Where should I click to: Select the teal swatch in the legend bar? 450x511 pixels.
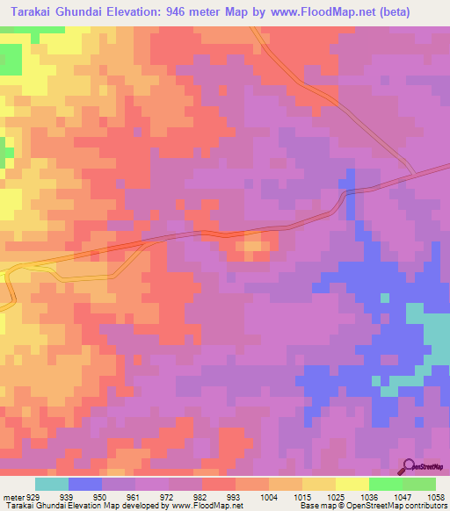pyautogui.click(x=52, y=484)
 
